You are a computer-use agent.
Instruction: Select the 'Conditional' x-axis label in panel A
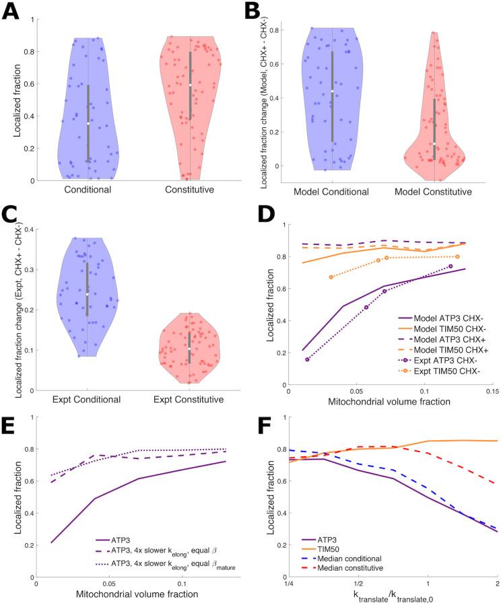click(x=88, y=190)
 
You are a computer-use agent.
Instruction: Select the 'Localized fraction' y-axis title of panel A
click(x=24, y=100)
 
